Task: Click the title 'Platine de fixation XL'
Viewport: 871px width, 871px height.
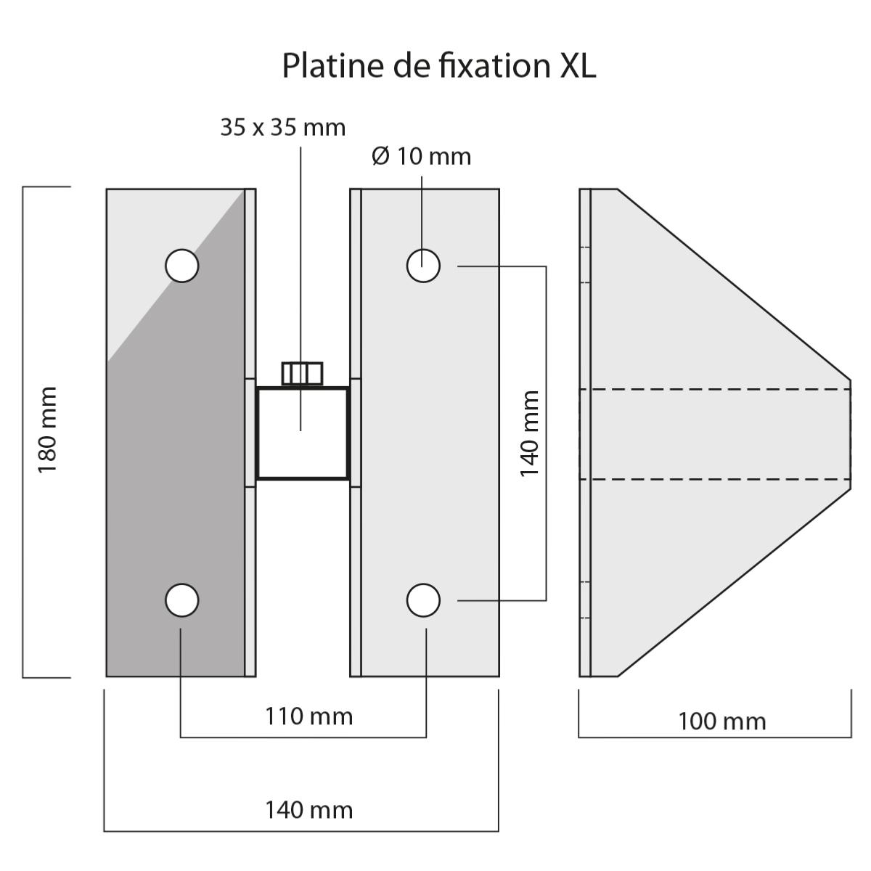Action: (x=438, y=66)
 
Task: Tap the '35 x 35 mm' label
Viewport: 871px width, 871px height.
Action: (x=283, y=128)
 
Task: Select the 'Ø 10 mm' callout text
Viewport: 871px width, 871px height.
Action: (x=421, y=156)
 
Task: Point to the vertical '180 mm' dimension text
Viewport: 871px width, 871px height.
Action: (x=48, y=430)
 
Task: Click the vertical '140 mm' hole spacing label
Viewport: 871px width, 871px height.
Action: (x=531, y=433)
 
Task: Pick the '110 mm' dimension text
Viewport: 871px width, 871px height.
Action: (x=308, y=716)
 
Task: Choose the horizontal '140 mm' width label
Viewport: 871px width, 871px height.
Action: (x=308, y=809)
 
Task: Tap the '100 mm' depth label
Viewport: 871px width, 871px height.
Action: (x=721, y=721)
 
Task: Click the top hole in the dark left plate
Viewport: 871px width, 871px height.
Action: (x=181, y=266)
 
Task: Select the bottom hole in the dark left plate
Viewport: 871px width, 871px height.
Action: (x=181, y=600)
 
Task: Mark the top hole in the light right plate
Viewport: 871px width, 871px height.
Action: (x=423, y=266)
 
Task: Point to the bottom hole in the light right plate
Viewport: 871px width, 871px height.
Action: (x=423, y=600)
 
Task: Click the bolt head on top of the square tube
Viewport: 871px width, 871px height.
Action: (x=302, y=373)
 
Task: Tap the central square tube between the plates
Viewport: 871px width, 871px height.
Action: (x=302, y=433)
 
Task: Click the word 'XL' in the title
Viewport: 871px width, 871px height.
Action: (x=578, y=66)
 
